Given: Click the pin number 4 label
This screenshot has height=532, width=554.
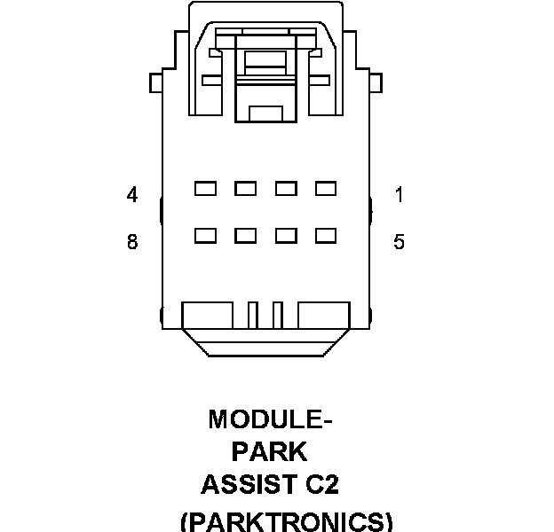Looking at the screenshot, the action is click(x=132, y=195).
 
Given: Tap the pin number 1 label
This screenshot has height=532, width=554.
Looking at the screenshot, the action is click(x=400, y=195).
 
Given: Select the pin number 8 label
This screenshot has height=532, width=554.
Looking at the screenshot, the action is click(x=132, y=241).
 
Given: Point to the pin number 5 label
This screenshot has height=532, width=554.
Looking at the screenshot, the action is click(x=400, y=241).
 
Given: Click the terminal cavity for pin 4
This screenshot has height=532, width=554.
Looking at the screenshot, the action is click(x=205, y=188).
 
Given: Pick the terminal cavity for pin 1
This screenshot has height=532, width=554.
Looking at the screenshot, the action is click(x=326, y=188).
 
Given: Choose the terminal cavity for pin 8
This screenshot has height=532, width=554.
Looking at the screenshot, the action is click(x=205, y=235).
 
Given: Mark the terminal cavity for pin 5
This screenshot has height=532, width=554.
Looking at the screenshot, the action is click(x=326, y=235).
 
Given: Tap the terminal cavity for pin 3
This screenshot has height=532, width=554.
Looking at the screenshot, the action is click(x=245, y=188).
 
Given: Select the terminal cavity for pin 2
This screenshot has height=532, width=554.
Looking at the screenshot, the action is click(x=286, y=188).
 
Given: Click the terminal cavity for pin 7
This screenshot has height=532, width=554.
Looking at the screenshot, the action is click(x=245, y=235).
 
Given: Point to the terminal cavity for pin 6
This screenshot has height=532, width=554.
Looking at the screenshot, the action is click(x=286, y=235).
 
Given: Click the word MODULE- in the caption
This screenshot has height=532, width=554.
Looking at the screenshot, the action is click(x=271, y=419).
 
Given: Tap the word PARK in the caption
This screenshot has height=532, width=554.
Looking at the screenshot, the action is click(x=269, y=452).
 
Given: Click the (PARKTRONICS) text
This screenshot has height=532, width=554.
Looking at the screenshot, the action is click(x=286, y=520).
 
